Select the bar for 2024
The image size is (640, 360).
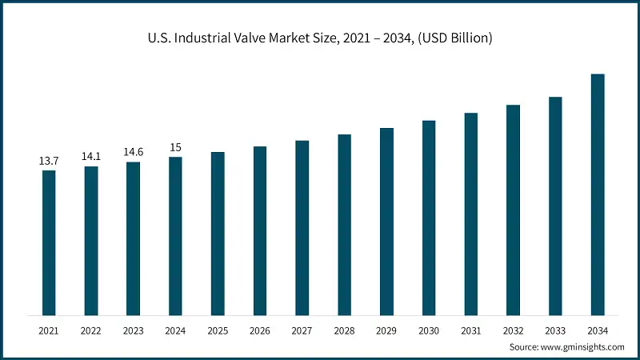175,236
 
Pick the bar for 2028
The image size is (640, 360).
344,225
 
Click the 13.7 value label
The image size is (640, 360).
49,162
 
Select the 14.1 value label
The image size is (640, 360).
91,157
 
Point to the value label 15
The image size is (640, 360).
175,147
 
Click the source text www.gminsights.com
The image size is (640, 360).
585,346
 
